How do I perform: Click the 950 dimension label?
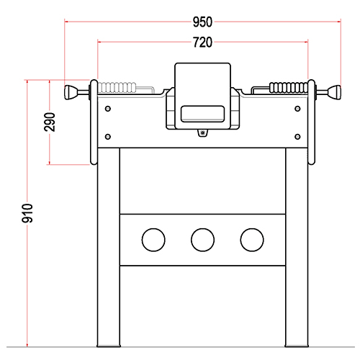click(202, 22)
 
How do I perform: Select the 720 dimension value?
click(202, 42)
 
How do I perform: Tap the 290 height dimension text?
click(50, 122)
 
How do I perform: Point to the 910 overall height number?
click(27, 213)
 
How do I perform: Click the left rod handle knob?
click(70, 92)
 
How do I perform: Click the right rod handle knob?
click(335, 92)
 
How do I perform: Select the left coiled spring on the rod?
click(117, 88)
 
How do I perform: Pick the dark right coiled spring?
click(289, 88)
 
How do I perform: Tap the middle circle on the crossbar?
click(202, 240)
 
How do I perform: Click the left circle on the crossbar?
click(153, 240)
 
